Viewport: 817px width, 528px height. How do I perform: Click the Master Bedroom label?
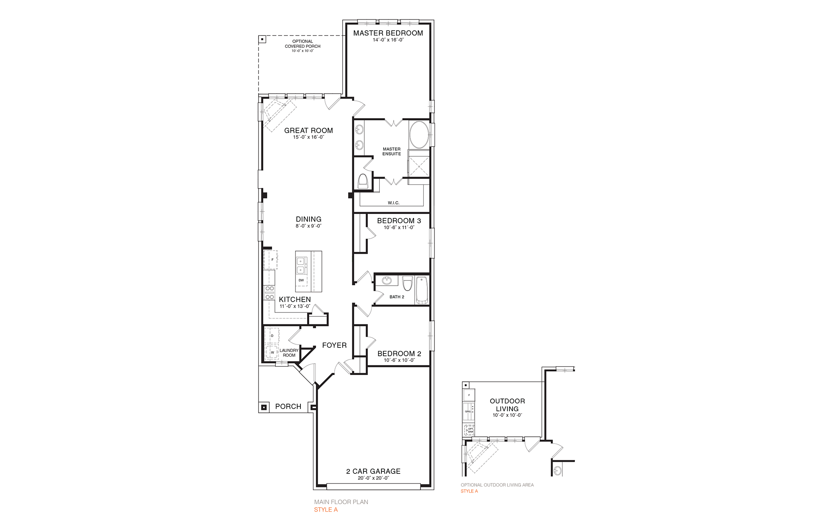point(388,33)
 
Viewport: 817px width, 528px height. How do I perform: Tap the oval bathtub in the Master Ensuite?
point(419,135)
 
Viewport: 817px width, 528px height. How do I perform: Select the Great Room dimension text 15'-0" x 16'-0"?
point(308,137)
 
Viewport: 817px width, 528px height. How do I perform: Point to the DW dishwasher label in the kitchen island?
point(301,280)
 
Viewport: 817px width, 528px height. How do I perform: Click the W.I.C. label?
point(393,203)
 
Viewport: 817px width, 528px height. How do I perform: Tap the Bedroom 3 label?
point(399,221)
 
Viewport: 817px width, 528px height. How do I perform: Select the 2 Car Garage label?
point(373,471)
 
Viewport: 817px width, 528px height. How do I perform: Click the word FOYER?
point(334,345)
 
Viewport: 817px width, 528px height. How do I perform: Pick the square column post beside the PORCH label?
point(264,407)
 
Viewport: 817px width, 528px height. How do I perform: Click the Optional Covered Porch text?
point(302,44)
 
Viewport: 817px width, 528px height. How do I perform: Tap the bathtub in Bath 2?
point(422,290)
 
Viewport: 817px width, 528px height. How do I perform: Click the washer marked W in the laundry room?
point(273,352)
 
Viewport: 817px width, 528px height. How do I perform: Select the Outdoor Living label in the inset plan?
point(507,405)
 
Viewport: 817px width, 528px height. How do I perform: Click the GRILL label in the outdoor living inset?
point(468,411)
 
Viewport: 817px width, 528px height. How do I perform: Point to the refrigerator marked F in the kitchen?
point(272,259)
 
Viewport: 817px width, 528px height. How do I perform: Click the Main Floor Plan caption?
point(341,502)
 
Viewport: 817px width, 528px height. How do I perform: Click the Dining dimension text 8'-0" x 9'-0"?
point(308,226)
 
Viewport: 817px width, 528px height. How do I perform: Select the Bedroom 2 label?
point(399,353)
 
